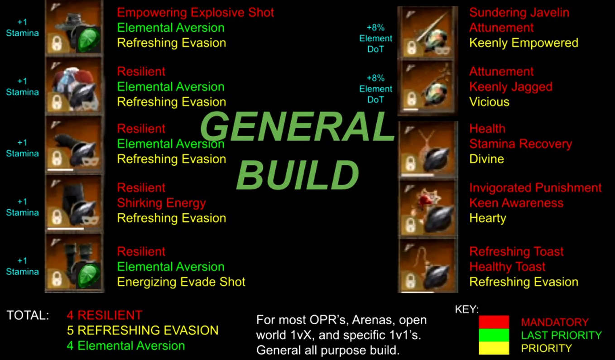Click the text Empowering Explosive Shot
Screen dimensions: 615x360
(x=196, y=13)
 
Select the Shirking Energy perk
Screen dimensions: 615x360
(x=161, y=203)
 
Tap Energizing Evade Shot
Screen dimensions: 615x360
(x=181, y=282)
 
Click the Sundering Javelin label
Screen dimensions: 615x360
(x=519, y=13)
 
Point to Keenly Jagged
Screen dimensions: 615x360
(x=511, y=87)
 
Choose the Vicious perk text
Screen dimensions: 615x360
(x=489, y=102)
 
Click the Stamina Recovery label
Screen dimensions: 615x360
(x=520, y=144)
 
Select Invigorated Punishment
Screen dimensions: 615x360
(x=535, y=188)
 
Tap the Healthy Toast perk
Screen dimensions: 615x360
(x=507, y=267)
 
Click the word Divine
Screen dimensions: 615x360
(x=486, y=159)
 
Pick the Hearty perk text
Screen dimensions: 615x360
(x=488, y=219)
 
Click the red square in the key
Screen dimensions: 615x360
(x=494, y=322)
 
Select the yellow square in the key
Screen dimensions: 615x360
(x=494, y=348)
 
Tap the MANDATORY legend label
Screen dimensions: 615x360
(x=555, y=322)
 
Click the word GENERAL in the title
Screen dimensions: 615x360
(x=298, y=127)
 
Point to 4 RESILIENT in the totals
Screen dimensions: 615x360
(x=105, y=315)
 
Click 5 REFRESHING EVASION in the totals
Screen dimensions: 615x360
(x=143, y=331)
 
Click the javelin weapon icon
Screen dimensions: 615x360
(x=428, y=33)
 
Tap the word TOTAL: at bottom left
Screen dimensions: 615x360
(x=28, y=315)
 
